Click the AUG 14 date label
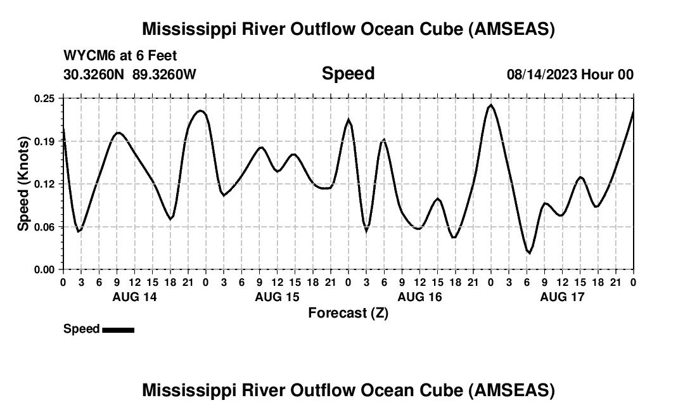(134, 297)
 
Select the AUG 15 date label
(277, 297)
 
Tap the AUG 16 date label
(419, 297)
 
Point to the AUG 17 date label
(562, 297)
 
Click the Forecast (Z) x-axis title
(348, 312)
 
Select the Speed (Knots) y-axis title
(23, 184)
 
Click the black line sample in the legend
(118, 330)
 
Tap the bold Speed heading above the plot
(348, 74)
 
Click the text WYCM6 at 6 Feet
(120, 56)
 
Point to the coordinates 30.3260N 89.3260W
(130, 74)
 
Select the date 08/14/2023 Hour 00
(570, 74)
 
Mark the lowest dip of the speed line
(528, 253)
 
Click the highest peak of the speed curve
(490, 105)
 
